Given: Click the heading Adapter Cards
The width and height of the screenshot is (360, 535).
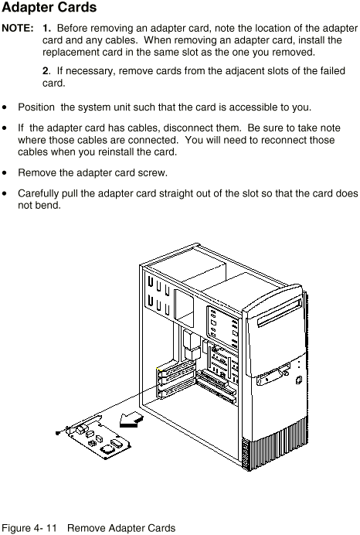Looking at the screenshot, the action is (x=49, y=8).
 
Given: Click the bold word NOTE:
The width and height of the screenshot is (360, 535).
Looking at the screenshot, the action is (x=18, y=28).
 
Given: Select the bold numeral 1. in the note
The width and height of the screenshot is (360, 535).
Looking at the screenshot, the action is (x=46, y=28).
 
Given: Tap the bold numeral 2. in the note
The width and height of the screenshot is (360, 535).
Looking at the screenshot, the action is (x=46, y=70).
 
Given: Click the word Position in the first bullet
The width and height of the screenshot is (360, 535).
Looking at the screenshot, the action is (x=36, y=107).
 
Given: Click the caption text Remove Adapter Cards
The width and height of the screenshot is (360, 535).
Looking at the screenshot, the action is (x=121, y=528).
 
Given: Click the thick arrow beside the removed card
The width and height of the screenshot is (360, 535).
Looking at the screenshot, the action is (x=131, y=419).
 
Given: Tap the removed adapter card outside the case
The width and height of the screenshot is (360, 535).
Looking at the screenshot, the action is (x=97, y=438).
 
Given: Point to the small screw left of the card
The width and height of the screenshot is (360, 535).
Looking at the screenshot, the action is (x=58, y=433).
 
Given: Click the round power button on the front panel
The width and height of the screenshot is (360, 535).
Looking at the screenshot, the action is (x=299, y=380).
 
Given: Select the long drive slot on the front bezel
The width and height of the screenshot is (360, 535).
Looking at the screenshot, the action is (x=280, y=312).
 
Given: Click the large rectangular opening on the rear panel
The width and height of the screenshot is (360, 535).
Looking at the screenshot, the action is (x=183, y=308).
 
